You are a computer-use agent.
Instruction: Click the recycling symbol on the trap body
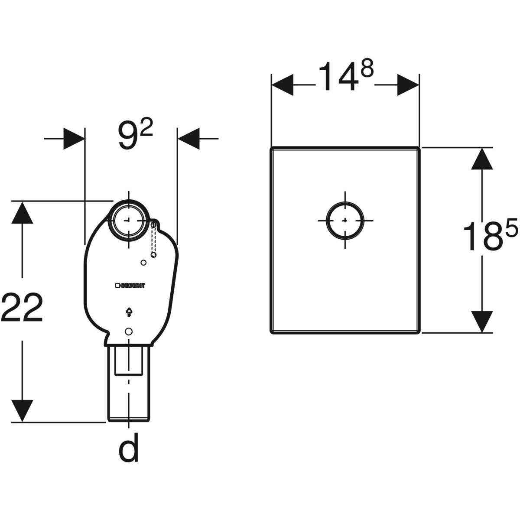click(129, 311)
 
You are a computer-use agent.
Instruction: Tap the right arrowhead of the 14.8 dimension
click(408, 84)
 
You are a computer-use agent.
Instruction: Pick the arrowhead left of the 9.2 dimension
click(74, 138)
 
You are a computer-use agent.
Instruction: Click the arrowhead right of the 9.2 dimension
click(188, 138)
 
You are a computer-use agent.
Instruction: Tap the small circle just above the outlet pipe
click(128, 331)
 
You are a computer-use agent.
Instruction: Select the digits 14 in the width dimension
click(335, 77)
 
